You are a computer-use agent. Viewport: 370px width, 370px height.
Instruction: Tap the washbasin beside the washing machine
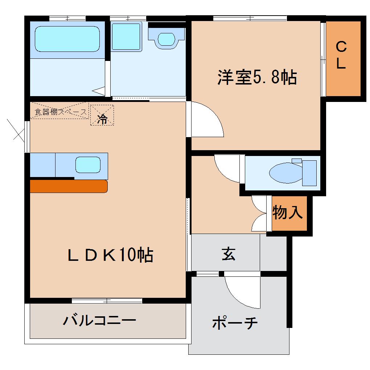[x=166, y=39]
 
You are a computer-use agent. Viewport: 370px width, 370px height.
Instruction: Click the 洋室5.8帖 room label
[x=257, y=77]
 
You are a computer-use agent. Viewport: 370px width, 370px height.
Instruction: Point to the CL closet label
[x=341, y=55]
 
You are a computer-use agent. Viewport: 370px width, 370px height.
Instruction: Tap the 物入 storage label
[x=287, y=213]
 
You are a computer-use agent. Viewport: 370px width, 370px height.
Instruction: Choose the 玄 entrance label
[x=229, y=254]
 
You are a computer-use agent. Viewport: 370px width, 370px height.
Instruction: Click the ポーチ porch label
[x=235, y=322]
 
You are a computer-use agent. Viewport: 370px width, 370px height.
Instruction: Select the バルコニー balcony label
[x=99, y=320]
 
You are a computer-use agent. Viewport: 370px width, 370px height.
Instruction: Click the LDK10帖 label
[x=110, y=255]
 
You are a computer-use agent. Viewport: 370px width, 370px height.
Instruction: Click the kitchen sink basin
[x=87, y=165]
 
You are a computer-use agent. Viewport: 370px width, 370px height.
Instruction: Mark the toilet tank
[x=309, y=173]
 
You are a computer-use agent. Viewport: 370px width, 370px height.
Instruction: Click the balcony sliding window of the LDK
[x=107, y=300]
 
